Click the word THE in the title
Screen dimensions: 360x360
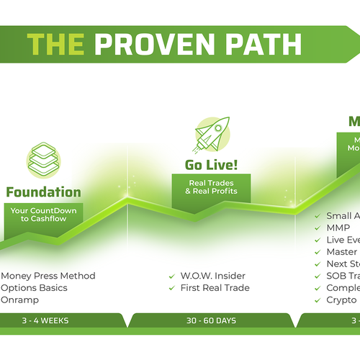[x=59, y=45]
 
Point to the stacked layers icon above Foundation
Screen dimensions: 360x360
[x=43, y=159]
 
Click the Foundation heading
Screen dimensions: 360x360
[x=43, y=192]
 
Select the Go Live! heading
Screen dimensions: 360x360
[x=212, y=166]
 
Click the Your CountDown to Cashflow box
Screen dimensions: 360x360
[x=43, y=215]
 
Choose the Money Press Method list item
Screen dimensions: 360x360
[x=48, y=276]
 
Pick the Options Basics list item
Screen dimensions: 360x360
[x=35, y=288]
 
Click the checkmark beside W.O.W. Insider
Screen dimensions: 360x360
[x=171, y=276]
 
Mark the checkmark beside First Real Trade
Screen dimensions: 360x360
[x=171, y=288]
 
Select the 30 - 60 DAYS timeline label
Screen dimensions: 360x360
[x=212, y=320]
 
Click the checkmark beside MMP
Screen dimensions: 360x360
[x=320, y=228]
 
